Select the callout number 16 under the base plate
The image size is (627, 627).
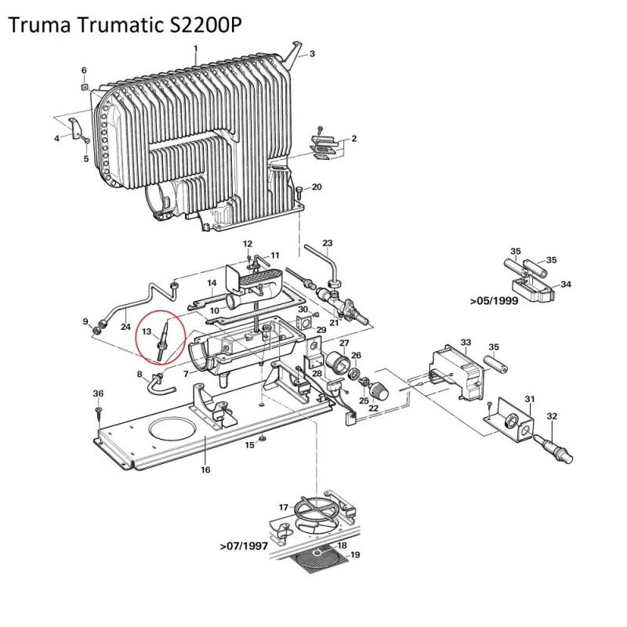click(205, 470)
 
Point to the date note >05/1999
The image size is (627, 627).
click(495, 301)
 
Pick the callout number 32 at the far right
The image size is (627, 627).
click(552, 416)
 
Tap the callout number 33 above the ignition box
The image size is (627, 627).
click(466, 342)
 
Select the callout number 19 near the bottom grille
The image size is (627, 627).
click(354, 555)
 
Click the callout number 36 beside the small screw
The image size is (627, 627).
click(98, 393)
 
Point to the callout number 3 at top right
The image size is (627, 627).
click(312, 54)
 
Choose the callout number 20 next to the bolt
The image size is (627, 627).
click(317, 187)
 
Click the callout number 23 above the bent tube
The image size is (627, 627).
click(328, 243)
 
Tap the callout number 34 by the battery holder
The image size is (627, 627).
click(565, 284)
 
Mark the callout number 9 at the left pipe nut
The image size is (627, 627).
click(85, 322)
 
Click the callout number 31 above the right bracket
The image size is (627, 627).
click(529, 400)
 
